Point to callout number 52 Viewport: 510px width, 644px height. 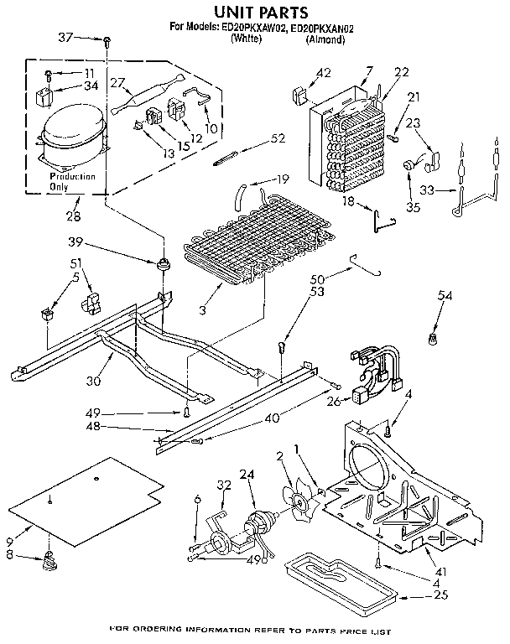point(278,138)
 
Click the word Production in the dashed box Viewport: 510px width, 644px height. point(71,177)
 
